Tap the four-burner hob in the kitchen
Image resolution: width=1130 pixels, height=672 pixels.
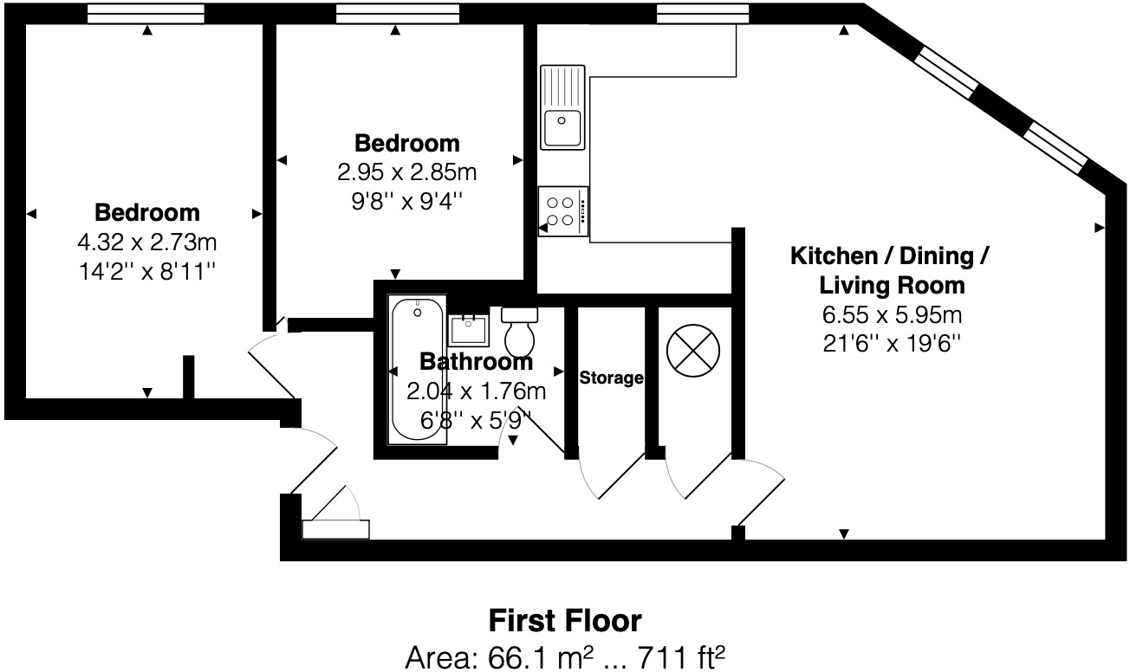click(x=563, y=210)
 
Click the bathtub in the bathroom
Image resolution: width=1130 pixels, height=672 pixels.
click(x=418, y=370)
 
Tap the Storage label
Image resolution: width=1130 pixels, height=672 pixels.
click(x=611, y=378)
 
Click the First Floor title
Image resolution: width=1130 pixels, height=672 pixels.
click(x=565, y=621)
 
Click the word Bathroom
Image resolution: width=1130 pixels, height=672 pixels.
click(x=476, y=362)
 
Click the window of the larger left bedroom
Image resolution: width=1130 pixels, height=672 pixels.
click(x=146, y=13)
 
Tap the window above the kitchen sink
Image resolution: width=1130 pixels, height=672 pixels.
click(x=702, y=13)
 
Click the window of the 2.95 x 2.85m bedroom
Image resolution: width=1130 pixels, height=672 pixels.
click(x=396, y=13)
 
